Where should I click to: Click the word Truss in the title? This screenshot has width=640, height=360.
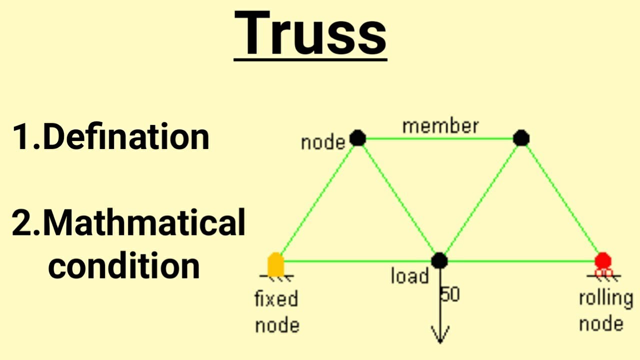pyautogui.click(x=310, y=33)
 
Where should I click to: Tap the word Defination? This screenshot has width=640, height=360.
pyautogui.click(x=126, y=136)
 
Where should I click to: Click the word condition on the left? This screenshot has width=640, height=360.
pyautogui.click(x=123, y=265)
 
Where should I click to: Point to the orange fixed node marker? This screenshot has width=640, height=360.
pyautogui.click(x=275, y=264)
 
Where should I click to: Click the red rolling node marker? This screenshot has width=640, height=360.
pyautogui.click(x=603, y=260)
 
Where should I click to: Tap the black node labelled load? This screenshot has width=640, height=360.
pyautogui.click(x=439, y=260)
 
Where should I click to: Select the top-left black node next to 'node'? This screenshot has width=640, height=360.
pyautogui.click(x=357, y=137)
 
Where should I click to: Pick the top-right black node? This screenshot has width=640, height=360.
pyautogui.click(x=521, y=137)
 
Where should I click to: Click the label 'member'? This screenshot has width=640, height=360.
pyautogui.click(x=440, y=126)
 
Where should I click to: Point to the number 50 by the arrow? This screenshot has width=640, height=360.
pyautogui.click(x=450, y=294)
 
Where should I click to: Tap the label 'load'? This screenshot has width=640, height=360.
pyautogui.click(x=409, y=276)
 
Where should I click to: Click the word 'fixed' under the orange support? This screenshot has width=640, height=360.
pyautogui.click(x=276, y=299)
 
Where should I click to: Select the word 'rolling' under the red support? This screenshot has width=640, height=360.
pyautogui.click(x=605, y=298)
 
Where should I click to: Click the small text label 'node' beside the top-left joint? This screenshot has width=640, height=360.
pyautogui.click(x=323, y=143)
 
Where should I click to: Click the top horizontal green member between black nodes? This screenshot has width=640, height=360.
pyautogui.click(x=440, y=138)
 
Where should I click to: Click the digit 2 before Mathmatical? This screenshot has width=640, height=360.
pyautogui.click(x=21, y=223)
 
